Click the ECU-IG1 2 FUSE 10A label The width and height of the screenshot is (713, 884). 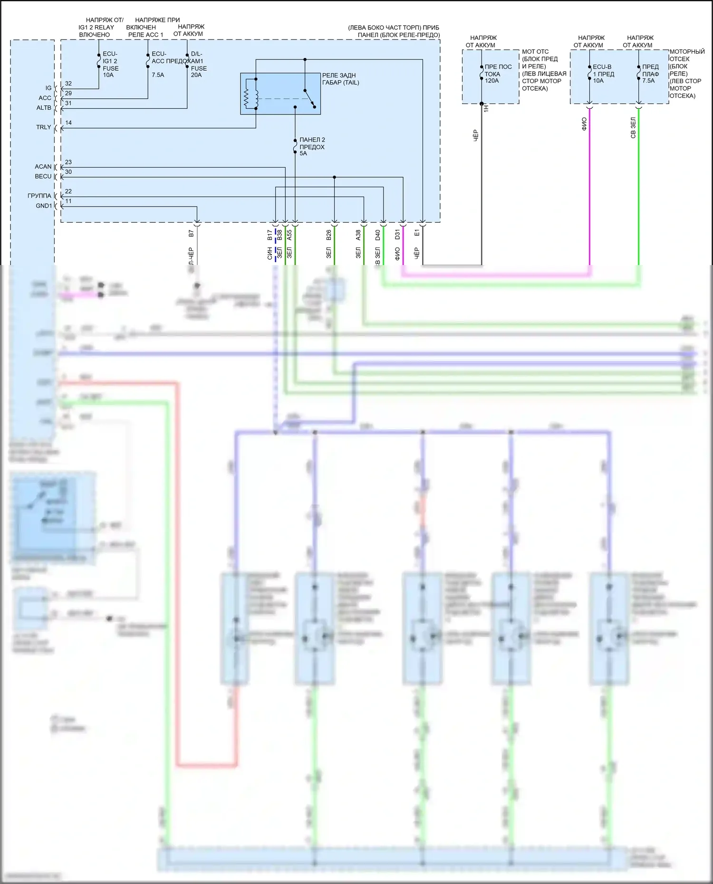tap(110, 65)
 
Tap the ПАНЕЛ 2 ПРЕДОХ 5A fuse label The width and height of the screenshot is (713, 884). tap(312, 147)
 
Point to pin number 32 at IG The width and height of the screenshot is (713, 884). tap(68, 84)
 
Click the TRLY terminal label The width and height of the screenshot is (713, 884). tap(43, 127)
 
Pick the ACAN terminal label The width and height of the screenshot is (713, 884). tap(43, 167)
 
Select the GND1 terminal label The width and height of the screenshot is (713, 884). tap(44, 206)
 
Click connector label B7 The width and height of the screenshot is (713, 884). tap(191, 233)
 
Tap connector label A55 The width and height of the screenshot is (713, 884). tap(289, 235)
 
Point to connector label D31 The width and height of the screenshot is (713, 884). tap(397, 234)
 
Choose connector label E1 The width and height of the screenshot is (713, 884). tap(417, 233)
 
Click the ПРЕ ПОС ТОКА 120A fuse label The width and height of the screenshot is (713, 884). tap(498, 74)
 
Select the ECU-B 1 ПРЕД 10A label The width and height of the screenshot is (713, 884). tap(603, 74)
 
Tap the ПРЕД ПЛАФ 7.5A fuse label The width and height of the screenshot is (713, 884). tap(650, 74)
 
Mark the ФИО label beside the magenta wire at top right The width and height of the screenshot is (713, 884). tap(584, 124)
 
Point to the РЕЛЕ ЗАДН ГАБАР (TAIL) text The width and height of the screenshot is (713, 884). tap(340, 79)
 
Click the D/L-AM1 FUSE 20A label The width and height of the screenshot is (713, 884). tap(197, 65)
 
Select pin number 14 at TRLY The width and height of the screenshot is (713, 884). tap(68, 123)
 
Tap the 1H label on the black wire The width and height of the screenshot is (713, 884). tap(486, 108)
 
